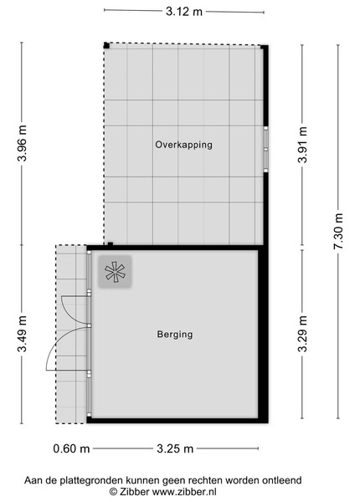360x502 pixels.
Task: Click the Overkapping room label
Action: point(183,145)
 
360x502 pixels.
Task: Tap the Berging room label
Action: point(175,335)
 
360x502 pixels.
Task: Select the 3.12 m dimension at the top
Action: point(184,12)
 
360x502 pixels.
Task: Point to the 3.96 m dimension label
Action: point(22,143)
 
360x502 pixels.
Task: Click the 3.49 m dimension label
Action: point(22,334)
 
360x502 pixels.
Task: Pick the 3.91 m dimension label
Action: point(302,145)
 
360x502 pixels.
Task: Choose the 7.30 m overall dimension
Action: point(338,231)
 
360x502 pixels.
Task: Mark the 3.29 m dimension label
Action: point(302,334)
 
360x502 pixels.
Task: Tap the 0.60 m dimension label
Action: point(71,448)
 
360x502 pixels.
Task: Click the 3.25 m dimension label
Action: point(175,448)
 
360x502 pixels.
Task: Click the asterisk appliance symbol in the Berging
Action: point(115,272)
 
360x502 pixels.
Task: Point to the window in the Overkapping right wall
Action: point(265,149)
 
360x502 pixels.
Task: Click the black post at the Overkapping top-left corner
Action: point(106,45)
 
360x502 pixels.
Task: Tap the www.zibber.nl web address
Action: point(184,491)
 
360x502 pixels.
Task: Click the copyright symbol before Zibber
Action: point(113,491)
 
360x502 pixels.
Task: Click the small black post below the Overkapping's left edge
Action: point(111,244)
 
